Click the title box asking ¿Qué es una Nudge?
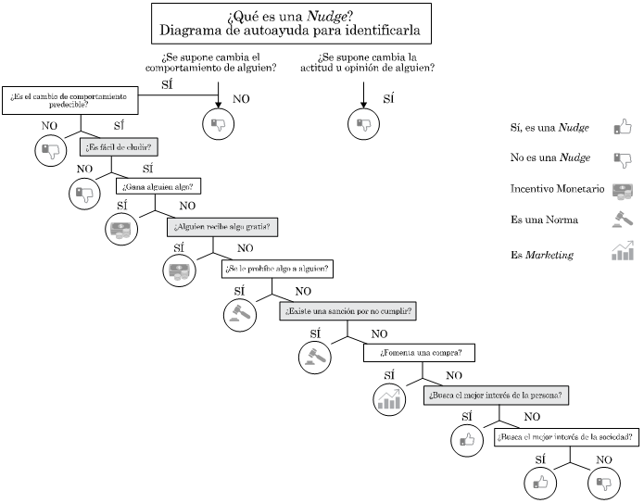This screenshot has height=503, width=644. pyautogui.click(x=296, y=23)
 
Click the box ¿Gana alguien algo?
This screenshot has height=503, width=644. pyautogui.click(x=159, y=186)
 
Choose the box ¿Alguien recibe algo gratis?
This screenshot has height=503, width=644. pyautogui.click(x=222, y=227)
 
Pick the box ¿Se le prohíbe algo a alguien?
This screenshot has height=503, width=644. pyautogui.click(x=277, y=269)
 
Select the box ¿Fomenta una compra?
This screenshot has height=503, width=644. pyautogui.click(x=421, y=353)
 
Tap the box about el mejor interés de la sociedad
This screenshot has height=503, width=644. pyautogui.click(x=566, y=437)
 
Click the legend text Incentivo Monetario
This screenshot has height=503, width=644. pyautogui.click(x=557, y=189)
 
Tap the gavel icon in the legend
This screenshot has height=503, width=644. pyautogui.click(x=622, y=220)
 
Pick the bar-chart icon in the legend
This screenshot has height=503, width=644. pyautogui.click(x=622, y=251)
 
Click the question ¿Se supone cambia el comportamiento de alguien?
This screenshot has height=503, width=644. pyautogui.click(x=218, y=62)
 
